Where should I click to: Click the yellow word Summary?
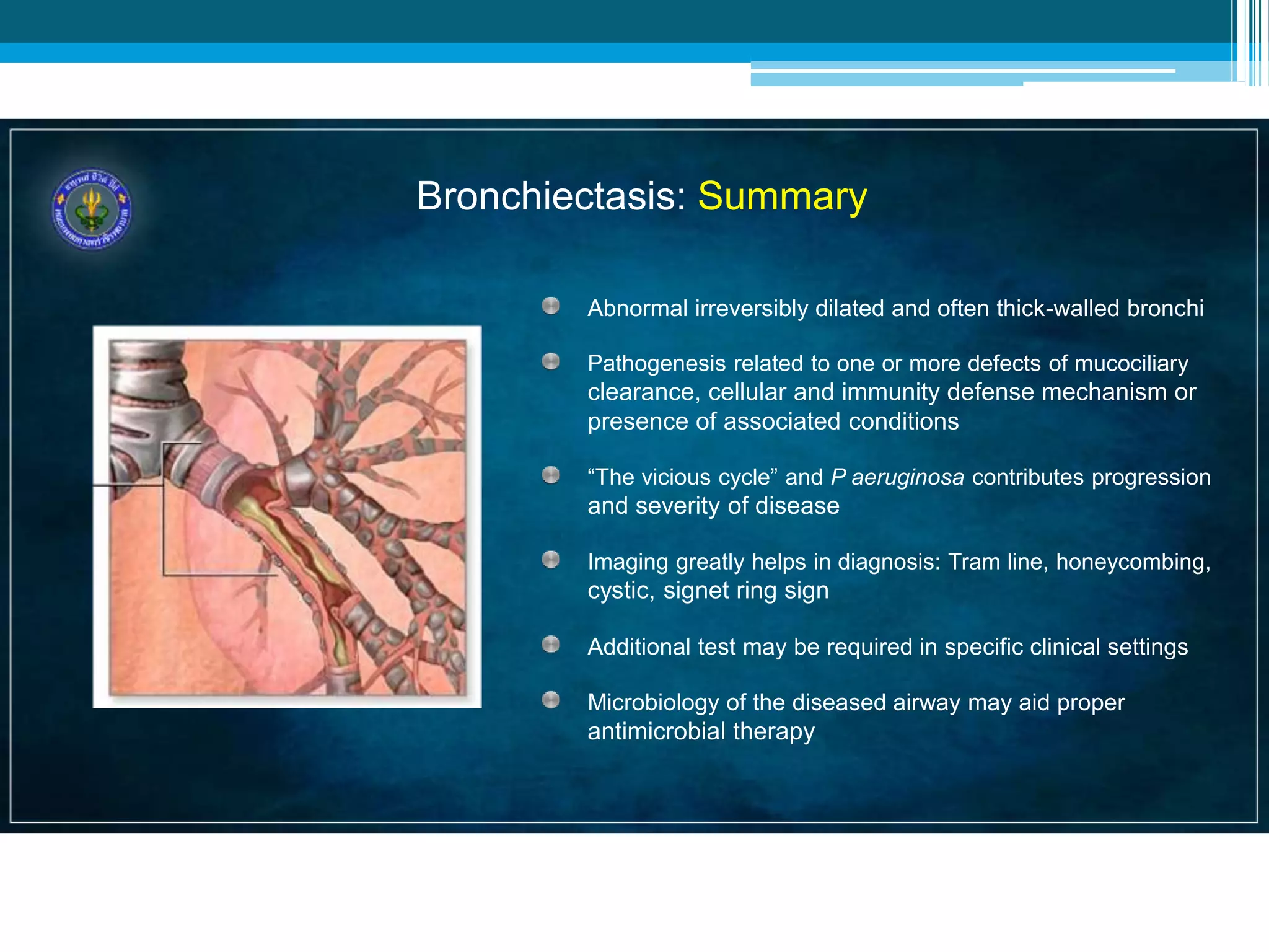[x=782, y=196]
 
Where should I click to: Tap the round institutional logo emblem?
[x=92, y=209]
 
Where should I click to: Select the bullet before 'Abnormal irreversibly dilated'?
[x=550, y=306]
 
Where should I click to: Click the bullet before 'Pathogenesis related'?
[x=550, y=361]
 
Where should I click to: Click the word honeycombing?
[x=1131, y=562]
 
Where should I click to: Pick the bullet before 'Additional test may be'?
[x=550, y=645]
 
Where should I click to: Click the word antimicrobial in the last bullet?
[x=657, y=731]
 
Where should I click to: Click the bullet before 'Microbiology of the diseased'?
[x=550, y=700]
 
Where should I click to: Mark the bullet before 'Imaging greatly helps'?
[x=550, y=560]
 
